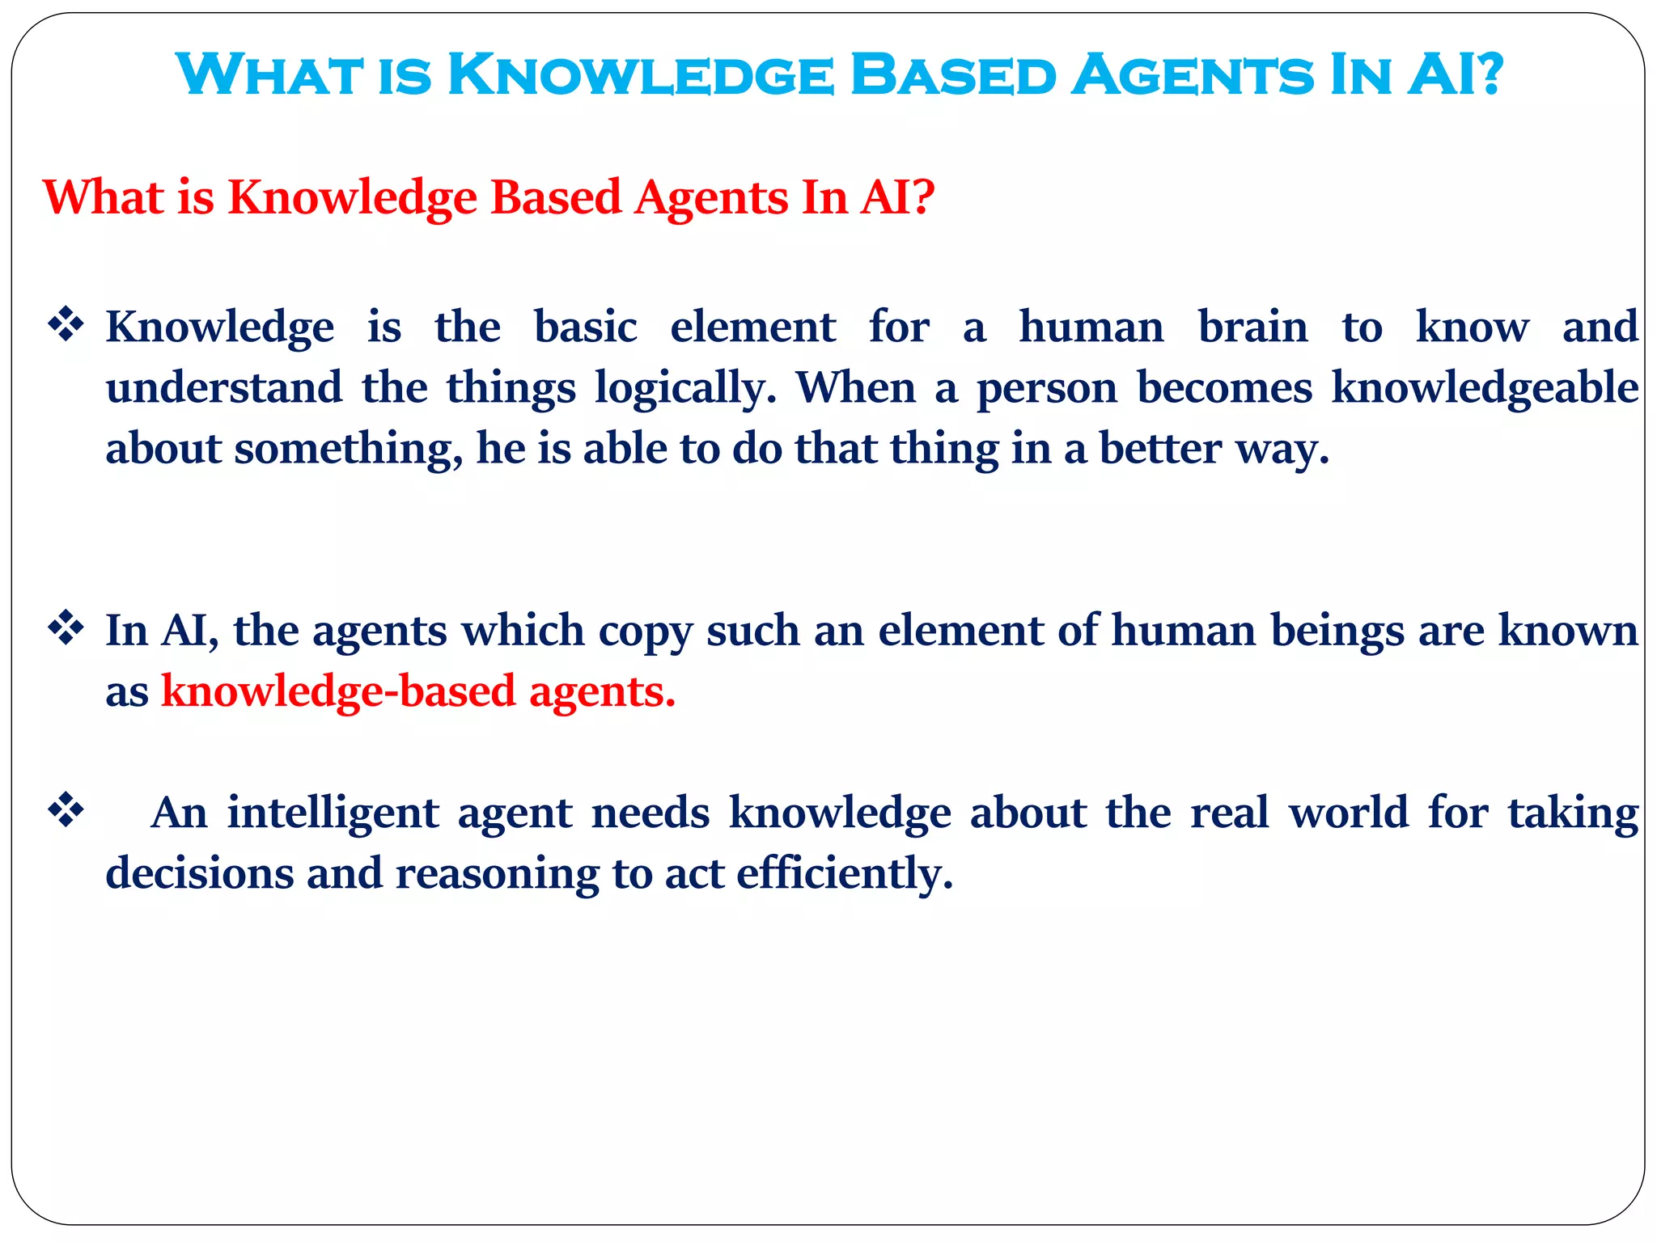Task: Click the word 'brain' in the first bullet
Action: tap(1252, 327)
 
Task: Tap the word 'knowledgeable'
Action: tap(1485, 388)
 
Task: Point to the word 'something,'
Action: tap(349, 449)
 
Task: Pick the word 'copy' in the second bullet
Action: tap(645, 632)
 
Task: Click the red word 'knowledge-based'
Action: tap(338, 691)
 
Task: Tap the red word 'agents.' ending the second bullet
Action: tap(602, 693)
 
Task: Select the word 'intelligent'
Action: tap(333, 813)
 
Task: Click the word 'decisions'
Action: tap(199, 873)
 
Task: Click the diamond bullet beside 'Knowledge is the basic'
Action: tap(66, 326)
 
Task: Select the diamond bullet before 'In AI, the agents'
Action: tap(66, 629)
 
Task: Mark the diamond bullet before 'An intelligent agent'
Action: tap(66, 811)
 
